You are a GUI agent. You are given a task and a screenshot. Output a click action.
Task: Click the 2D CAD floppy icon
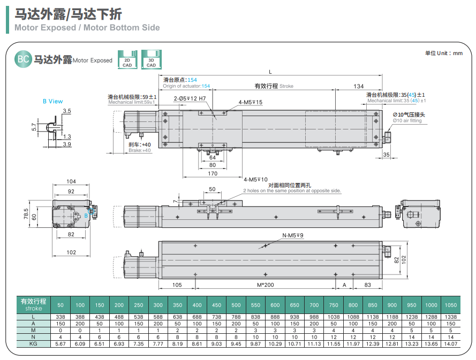[127, 60]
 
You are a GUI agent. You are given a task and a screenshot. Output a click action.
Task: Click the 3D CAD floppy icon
[151, 60]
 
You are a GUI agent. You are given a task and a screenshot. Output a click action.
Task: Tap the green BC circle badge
[23, 59]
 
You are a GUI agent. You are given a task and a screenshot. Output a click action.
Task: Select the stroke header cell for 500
[236, 305]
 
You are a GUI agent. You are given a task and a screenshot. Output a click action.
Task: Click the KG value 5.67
[61, 344]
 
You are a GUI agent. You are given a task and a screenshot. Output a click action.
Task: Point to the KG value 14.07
[451, 344]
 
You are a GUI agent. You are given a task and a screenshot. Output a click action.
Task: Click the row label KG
[33, 344]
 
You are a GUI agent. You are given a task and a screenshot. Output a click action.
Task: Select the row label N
[33, 337]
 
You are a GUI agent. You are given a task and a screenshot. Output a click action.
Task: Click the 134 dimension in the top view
[358, 87]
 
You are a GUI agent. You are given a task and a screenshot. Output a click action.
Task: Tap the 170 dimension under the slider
[213, 173]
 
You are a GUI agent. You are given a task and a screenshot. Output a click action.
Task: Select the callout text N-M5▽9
[293, 236]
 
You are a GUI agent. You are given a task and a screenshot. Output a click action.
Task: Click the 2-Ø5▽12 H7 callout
[189, 99]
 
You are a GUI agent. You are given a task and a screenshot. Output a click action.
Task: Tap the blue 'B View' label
[52, 101]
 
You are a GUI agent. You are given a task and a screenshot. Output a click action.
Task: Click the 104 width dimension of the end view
[71, 182]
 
